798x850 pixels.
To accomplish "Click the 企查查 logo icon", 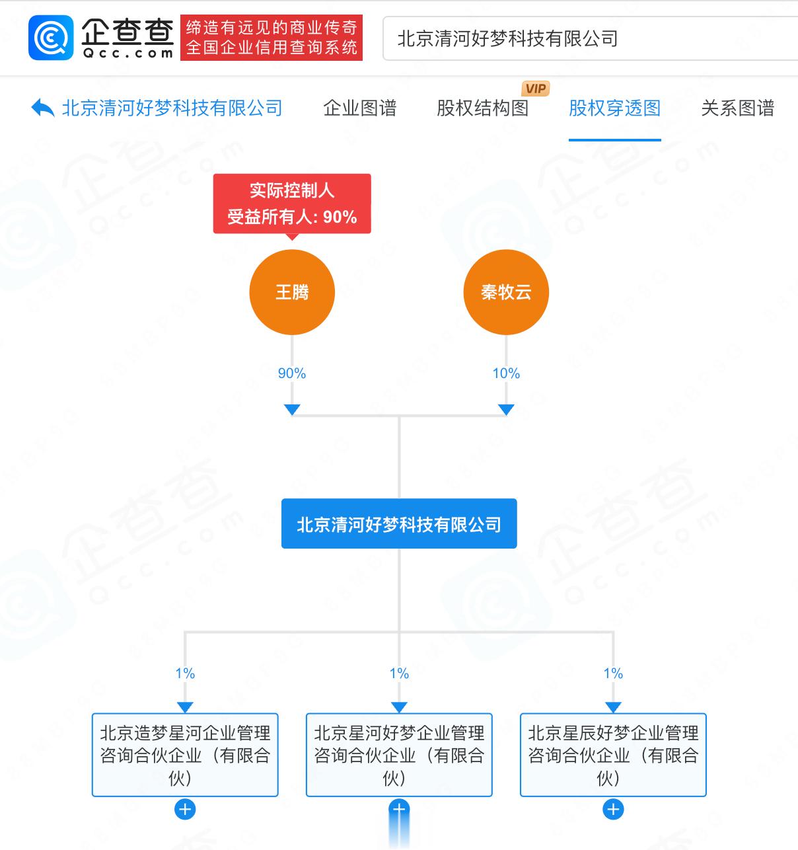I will [50, 38].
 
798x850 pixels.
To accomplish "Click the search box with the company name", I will [588, 39].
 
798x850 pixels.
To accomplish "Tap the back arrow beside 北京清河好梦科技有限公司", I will [43, 108].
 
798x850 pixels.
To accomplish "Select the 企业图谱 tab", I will [359, 108].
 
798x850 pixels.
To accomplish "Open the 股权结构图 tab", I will [482, 108].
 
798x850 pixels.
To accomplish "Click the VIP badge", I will [535, 89].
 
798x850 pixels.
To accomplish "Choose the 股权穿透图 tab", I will [614, 108].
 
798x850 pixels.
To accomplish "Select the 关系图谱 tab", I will [737, 108].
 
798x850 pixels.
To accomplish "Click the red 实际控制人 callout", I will [292, 204].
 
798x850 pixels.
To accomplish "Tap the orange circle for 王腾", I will [292, 292].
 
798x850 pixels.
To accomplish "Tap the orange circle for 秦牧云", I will [506, 292].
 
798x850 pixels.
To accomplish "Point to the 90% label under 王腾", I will [292, 373].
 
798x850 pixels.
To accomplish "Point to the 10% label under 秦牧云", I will [506, 373].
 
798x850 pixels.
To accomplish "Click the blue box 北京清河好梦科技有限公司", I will [399, 524].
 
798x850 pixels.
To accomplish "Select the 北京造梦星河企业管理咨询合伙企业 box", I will [185, 755].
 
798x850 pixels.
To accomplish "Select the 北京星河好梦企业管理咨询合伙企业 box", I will [399, 755].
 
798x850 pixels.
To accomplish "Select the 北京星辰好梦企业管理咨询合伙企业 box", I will [613, 755].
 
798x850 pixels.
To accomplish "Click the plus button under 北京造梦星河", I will [185, 809].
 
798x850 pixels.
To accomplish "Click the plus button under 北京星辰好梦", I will [613, 809].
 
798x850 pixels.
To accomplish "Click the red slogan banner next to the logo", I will [272, 38].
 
